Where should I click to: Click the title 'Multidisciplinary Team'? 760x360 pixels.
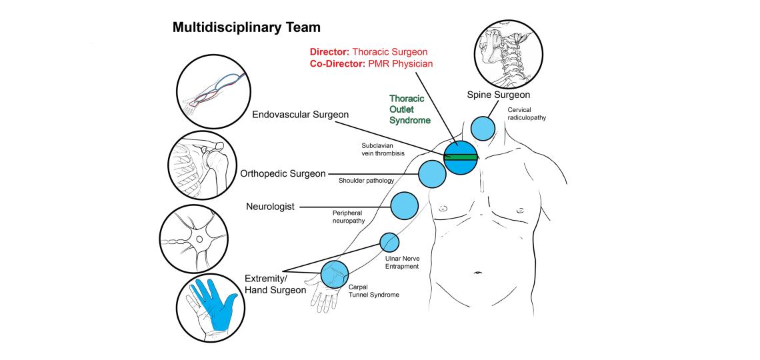(x=247, y=28)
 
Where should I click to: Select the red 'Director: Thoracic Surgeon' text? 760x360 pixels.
(x=369, y=52)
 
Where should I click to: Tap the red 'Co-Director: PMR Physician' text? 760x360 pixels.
(x=371, y=64)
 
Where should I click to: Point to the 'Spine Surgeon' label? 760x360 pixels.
(x=498, y=96)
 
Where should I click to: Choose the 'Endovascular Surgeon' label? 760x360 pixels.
(x=300, y=115)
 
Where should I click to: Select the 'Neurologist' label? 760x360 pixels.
(x=270, y=207)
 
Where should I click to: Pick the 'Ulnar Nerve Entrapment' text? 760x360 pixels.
(x=401, y=261)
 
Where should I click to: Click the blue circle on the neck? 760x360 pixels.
(x=483, y=127)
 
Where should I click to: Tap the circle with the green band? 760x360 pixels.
(x=460, y=157)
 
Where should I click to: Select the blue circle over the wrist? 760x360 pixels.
(x=335, y=273)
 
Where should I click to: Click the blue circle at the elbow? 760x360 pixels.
(x=389, y=241)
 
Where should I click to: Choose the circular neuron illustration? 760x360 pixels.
(x=192, y=237)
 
